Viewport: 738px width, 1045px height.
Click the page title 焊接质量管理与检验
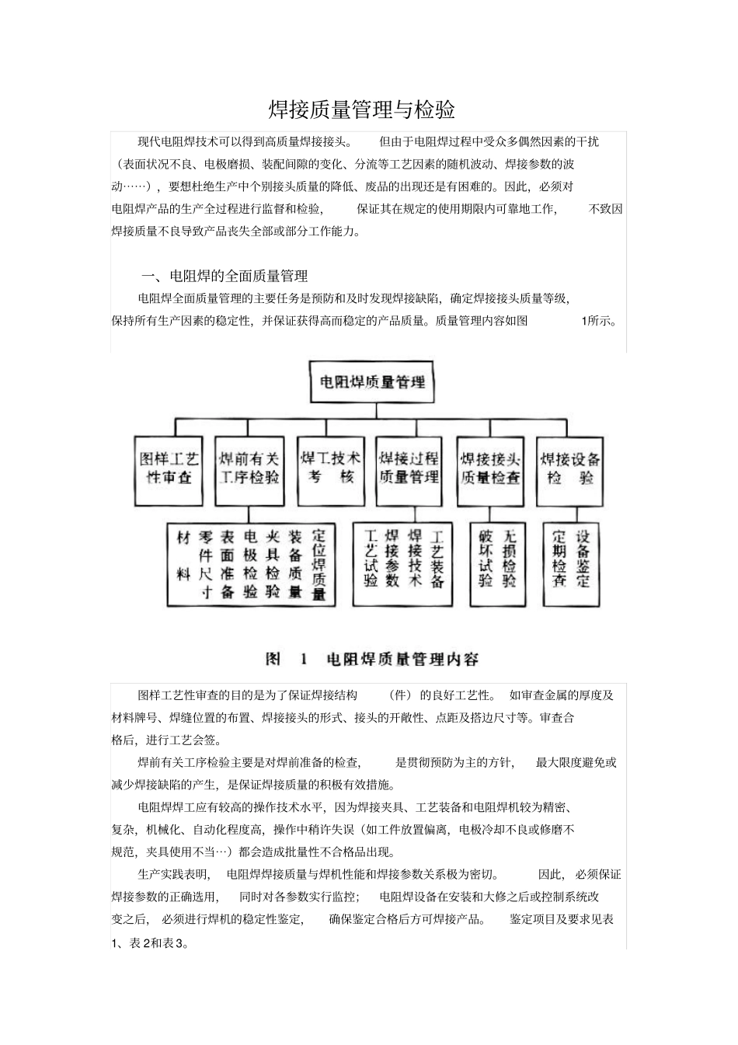361,110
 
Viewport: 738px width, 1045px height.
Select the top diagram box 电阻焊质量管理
372,382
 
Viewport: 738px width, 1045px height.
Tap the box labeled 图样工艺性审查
169,469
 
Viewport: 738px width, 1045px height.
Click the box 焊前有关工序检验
249,469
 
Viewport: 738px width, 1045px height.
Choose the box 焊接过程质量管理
409,469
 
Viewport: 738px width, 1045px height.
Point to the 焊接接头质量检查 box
490,469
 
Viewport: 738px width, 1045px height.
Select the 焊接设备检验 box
570,469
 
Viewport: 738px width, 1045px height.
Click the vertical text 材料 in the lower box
184,556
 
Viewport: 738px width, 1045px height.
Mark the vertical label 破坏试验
486,558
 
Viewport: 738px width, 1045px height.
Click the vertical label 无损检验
510,558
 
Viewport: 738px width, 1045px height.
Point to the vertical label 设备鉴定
583,558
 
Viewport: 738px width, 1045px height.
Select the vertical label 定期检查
559,558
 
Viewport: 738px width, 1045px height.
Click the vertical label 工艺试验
371,558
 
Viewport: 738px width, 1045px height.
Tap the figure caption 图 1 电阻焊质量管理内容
372,660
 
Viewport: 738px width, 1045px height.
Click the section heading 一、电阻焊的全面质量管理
224,276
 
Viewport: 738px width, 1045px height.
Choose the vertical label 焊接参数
392,558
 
